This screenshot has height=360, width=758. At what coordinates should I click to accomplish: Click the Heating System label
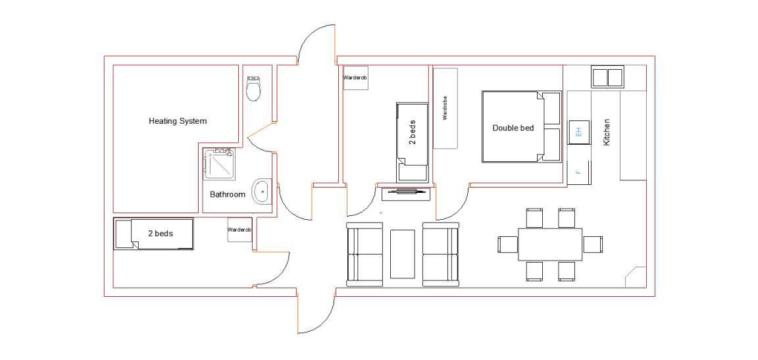[178, 121]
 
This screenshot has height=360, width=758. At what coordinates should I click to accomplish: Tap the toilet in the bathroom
[254, 88]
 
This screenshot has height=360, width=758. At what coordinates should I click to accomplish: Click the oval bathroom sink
[261, 192]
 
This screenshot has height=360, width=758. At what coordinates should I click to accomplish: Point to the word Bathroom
[227, 195]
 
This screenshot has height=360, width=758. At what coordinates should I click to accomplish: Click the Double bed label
[513, 128]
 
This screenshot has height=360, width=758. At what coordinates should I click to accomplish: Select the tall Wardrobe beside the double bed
[445, 108]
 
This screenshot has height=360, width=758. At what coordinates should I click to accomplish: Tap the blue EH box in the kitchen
[578, 132]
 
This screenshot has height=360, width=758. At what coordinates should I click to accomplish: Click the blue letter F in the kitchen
[578, 172]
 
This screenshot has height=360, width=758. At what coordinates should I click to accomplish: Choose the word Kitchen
[606, 132]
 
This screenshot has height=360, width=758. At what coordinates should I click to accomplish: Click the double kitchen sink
[608, 77]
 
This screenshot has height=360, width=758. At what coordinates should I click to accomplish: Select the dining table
[549, 244]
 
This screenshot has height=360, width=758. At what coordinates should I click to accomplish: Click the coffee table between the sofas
[402, 253]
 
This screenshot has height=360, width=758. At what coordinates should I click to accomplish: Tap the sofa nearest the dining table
[440, 253]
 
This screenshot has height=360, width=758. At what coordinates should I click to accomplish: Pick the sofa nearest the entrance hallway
[365, 253]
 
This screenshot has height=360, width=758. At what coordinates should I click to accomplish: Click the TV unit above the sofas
[405, 193]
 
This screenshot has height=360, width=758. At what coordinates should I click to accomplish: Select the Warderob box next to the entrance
[356, 78]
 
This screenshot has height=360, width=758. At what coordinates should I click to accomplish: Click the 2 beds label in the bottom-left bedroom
[161, 234]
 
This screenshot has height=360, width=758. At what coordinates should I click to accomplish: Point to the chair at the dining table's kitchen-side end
[593, 244]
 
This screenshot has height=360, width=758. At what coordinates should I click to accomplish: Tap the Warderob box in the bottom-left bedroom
[240, 230]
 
